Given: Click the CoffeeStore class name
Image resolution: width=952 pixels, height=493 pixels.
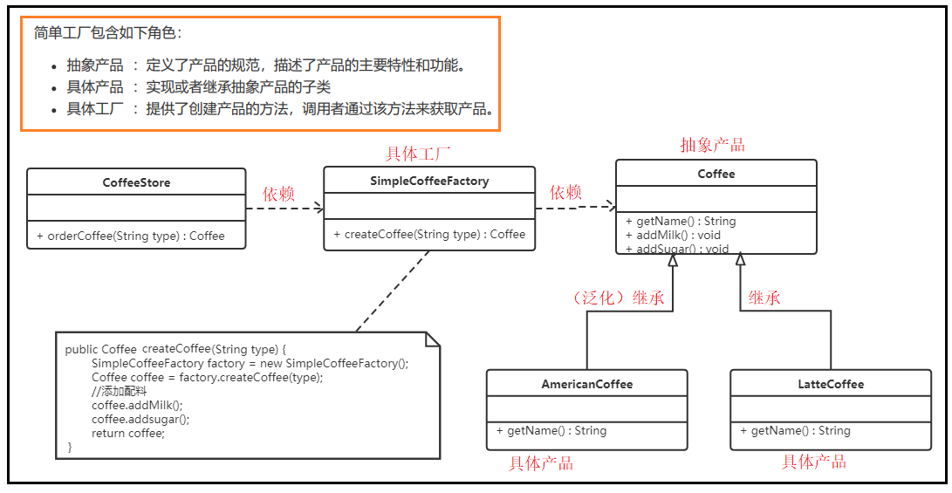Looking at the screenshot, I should tap(136, 183).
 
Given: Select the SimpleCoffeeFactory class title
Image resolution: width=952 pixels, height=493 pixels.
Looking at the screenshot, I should tap(429, 181).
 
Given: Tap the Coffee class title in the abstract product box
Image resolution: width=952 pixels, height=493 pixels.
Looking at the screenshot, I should tap(716, 174).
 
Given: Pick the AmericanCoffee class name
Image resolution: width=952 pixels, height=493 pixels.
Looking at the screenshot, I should tap(586, 384).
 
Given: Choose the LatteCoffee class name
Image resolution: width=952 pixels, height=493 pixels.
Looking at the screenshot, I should tap(830, 384).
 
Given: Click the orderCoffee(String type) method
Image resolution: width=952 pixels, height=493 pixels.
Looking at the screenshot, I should tap(131, 236).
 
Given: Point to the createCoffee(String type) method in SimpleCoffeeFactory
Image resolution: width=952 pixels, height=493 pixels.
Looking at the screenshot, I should tap(429, 234).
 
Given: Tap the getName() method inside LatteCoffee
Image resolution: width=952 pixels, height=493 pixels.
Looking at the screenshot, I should tap(795, 430).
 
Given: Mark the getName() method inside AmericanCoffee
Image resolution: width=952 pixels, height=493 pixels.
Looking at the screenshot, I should tap(551, 430).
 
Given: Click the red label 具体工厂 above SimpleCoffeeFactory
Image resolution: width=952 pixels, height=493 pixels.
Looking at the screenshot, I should tap(418, 154).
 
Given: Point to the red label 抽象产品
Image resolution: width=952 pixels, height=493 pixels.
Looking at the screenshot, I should tap(712, 145).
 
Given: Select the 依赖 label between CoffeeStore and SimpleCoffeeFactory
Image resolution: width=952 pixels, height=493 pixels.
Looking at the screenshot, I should tap(279, 194).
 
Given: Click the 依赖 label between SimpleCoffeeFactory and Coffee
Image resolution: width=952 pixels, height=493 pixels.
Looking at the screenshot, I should tap(566, 192).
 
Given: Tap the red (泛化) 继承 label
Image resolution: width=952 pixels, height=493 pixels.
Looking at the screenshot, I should tap(618, 298).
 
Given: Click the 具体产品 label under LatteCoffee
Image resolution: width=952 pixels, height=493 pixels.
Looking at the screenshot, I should tap(813, 462).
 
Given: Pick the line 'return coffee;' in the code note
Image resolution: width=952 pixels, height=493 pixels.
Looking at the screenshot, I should tap(127, 433).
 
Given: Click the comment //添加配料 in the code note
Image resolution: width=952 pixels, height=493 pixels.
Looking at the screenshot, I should tap(119, 391).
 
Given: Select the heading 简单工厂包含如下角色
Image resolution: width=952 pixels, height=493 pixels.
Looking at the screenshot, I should tap(108, 33).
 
